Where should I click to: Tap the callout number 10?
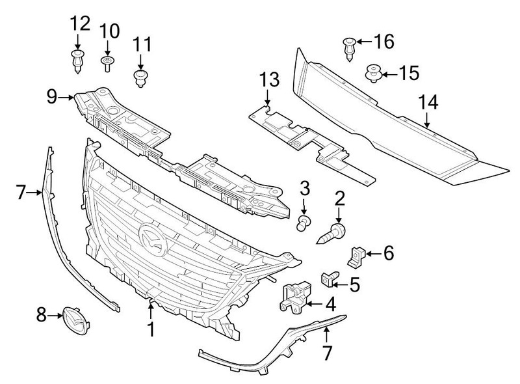tap(110, 31)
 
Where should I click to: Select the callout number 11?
tap(142, 45)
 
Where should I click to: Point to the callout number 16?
tap(383, 42)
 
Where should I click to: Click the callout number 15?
tap(409, 73)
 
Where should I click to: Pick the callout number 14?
tap(428, 102)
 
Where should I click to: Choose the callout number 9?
tap(53, 97)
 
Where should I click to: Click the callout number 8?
tap(41, 316)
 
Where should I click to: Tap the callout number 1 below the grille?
tap(151, 329)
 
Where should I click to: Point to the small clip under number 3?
tap(303, 223)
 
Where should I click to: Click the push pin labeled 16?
tap(348, 47)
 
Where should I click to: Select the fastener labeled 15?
tap(373, 72)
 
